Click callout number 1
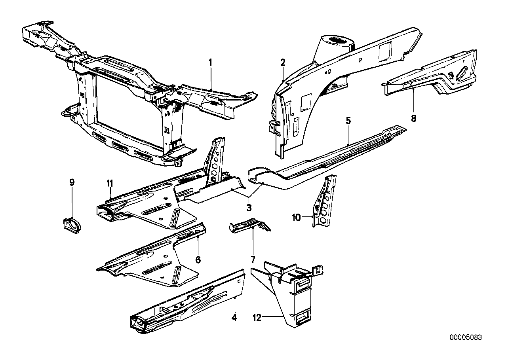click(211, 62)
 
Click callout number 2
click(283, 62)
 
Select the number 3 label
click(249, 207)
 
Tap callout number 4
click(234, 317)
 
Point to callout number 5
click(348, 121)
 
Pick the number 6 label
click(198, 260)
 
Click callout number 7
click(252, 260)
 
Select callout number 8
click(413, 118)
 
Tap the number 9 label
click(72, 182)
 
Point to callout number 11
click(110, 183)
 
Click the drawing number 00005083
click(466, 337)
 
